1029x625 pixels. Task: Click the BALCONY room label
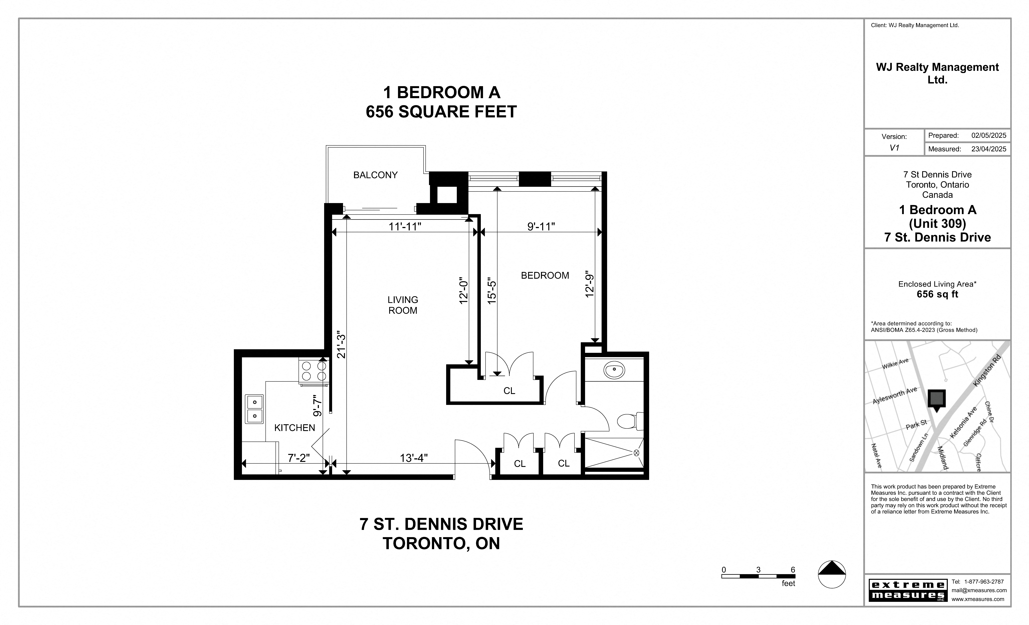[375, 175]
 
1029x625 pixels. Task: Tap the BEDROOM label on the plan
[545, 275]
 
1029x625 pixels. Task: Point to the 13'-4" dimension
[413, 458]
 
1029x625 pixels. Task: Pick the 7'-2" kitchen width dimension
[299, 458]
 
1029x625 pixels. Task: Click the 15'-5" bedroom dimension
[492, 292]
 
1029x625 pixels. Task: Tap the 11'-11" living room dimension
[405, 226]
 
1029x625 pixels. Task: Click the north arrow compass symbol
[832, 575]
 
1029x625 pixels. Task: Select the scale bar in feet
[758, 576]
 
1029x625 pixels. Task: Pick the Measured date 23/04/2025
[988, 149]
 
